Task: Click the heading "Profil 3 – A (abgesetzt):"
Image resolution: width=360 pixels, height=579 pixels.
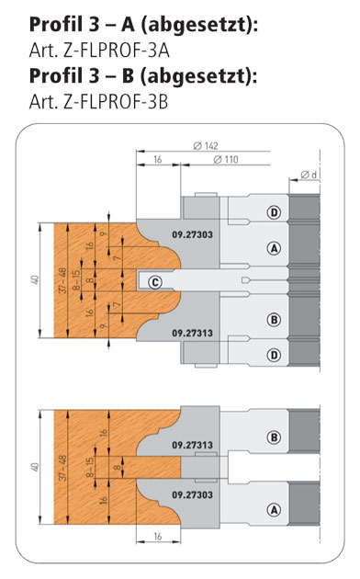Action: coord(143,26)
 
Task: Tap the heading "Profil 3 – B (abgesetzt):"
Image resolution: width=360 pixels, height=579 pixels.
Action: coord(143,76)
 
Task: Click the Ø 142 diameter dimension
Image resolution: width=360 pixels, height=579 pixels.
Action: coord(206,146)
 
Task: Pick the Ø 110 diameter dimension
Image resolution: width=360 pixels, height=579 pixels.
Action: coord(226,160)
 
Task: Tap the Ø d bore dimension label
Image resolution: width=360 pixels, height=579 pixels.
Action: coord(309,175)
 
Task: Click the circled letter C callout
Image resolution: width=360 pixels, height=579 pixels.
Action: coord(155,282)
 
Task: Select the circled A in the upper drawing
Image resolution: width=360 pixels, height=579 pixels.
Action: coord(274,248)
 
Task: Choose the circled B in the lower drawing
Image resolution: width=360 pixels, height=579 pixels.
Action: coord(274,437)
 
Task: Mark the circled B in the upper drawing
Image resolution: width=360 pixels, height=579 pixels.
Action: coord(274,320)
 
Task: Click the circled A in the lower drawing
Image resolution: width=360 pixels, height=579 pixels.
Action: coord(274,510)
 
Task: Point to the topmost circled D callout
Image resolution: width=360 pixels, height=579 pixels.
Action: coord(274,212)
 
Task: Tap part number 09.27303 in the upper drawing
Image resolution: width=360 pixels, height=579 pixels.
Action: coord(192,234)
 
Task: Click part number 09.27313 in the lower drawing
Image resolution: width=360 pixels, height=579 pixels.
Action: coord(192,445)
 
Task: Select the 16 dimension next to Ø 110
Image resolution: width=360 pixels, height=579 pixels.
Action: coord(158,160)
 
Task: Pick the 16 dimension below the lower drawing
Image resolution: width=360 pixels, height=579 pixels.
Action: coord(158,536)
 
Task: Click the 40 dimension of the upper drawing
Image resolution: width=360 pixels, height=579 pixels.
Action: coord(35,280)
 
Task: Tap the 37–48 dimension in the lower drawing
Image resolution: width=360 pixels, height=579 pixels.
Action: coord(62,468)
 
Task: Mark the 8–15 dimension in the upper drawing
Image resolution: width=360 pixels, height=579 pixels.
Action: coord(76,280)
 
